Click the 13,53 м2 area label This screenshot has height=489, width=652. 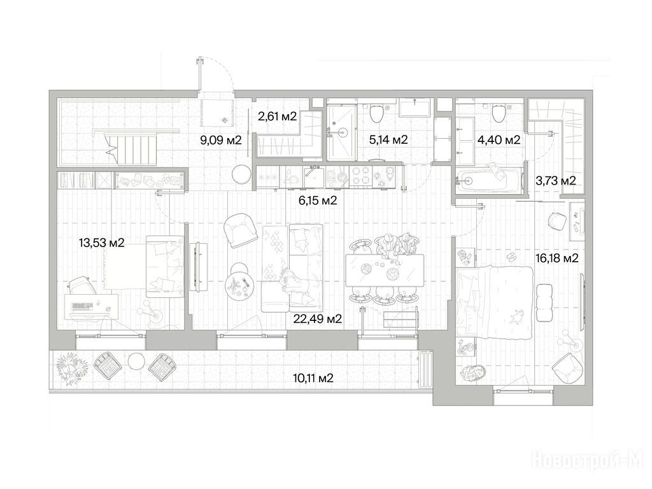(x=101, y=243)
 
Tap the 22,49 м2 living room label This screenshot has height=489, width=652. (x=317, y=319)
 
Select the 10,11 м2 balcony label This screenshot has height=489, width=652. (x=313, y=378)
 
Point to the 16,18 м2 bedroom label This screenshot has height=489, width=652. (x=556, y=259)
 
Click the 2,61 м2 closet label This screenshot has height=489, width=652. (x=278, y=117)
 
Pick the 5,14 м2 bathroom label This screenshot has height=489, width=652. (x=388, y=139)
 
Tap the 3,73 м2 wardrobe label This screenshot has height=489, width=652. (x=555, y=181)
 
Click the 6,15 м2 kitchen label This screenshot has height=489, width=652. (x=318, y=201)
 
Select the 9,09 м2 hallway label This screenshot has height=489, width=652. (x=221, y=140)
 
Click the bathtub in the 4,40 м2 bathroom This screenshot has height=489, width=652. (x=488, y=180)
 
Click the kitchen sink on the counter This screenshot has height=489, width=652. (x=314, y=178)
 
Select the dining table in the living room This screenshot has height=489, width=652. (x=385, y=270)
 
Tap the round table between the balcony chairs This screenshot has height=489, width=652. (x=136, y=361)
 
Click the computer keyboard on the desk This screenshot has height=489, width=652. (x=82, y=307)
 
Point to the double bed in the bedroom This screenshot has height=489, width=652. (x=495, y=302)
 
